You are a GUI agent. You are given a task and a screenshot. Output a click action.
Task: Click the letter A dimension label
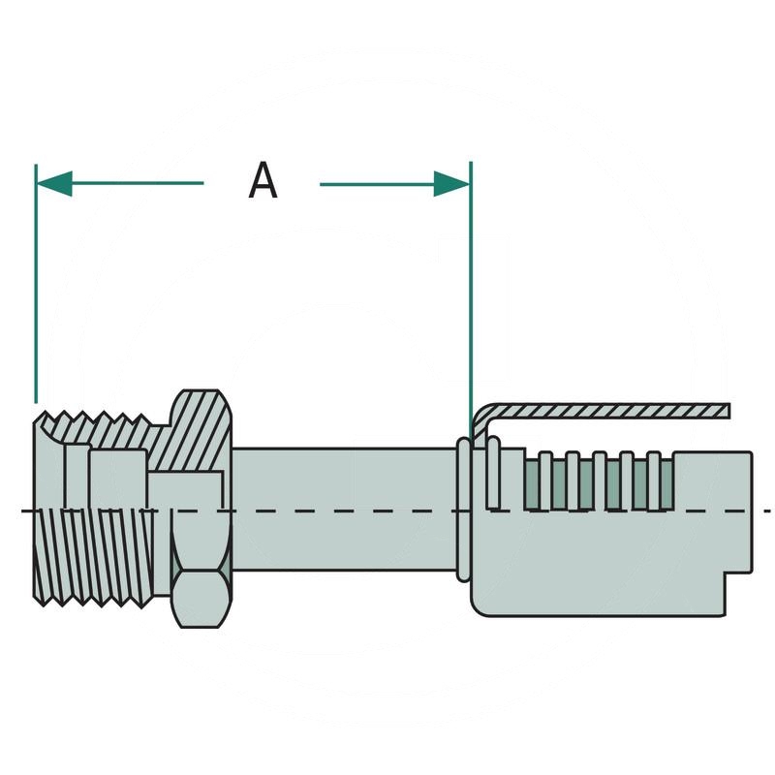coord(263,181)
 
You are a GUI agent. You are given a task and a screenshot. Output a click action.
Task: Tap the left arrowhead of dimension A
coord(53,183)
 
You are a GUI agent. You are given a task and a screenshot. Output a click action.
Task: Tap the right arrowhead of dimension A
coord(451,183)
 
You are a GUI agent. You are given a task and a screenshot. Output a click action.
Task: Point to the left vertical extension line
coord(36,291)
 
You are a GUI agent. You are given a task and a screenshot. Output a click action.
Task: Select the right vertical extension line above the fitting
coord(470,291)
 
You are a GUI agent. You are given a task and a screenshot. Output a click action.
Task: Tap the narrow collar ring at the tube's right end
coord(464,509)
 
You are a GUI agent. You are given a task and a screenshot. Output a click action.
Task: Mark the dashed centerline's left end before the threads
coord(26,511)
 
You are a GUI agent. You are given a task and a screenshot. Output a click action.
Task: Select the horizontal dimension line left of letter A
coord(136,183)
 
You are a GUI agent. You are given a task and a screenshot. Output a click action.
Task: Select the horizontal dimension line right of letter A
coord(378,183)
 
